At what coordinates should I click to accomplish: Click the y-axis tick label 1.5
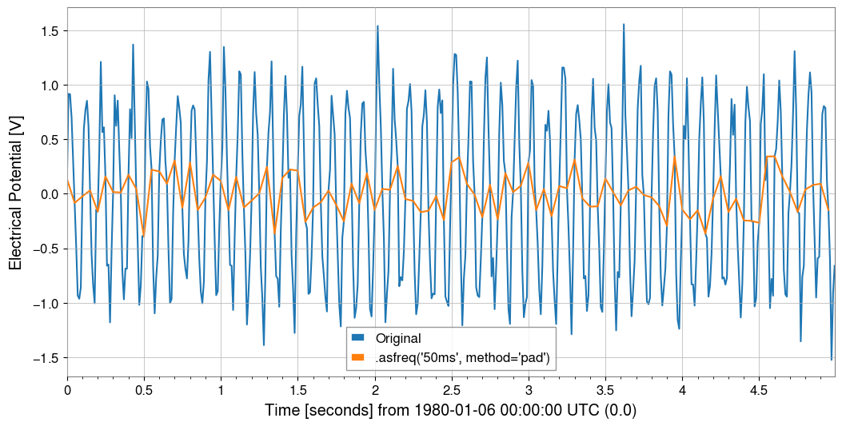48,31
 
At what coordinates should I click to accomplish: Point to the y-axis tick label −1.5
45,358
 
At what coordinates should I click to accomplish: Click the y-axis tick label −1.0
45,304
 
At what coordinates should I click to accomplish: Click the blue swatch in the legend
358,339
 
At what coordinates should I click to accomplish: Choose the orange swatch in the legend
358,358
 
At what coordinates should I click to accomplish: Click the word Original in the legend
398,339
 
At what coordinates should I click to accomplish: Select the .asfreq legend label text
462,358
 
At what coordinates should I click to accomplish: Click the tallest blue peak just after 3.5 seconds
623,25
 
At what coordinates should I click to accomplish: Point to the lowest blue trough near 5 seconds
832,359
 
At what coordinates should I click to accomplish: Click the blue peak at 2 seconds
377,26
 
